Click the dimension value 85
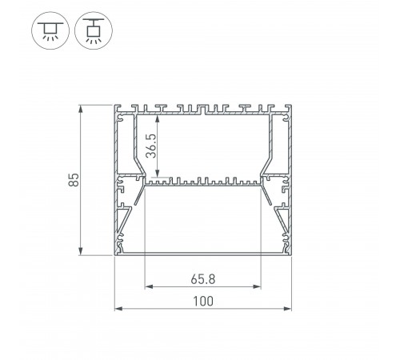pos(74,180)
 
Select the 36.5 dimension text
pos(151,146)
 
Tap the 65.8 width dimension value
pos(203,279)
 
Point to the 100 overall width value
pos(203,301)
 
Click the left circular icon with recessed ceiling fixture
pos(50,30)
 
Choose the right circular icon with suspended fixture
pos(94,30)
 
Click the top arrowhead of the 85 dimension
pos(80,109)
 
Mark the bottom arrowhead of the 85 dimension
pos(80,251)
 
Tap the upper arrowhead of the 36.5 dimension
pos(158,119)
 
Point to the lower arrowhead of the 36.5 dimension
pos(158,173)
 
